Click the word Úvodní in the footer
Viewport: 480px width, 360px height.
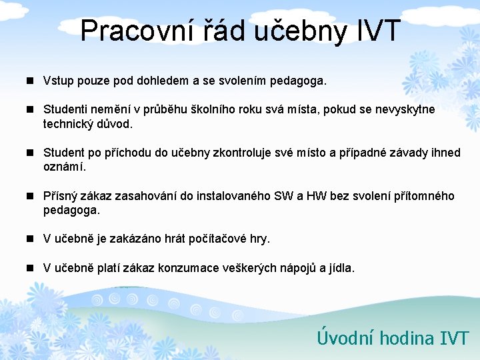point(345,338)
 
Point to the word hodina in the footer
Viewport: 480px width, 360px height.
point(406,338)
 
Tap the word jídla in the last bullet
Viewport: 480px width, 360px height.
point(340,268)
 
